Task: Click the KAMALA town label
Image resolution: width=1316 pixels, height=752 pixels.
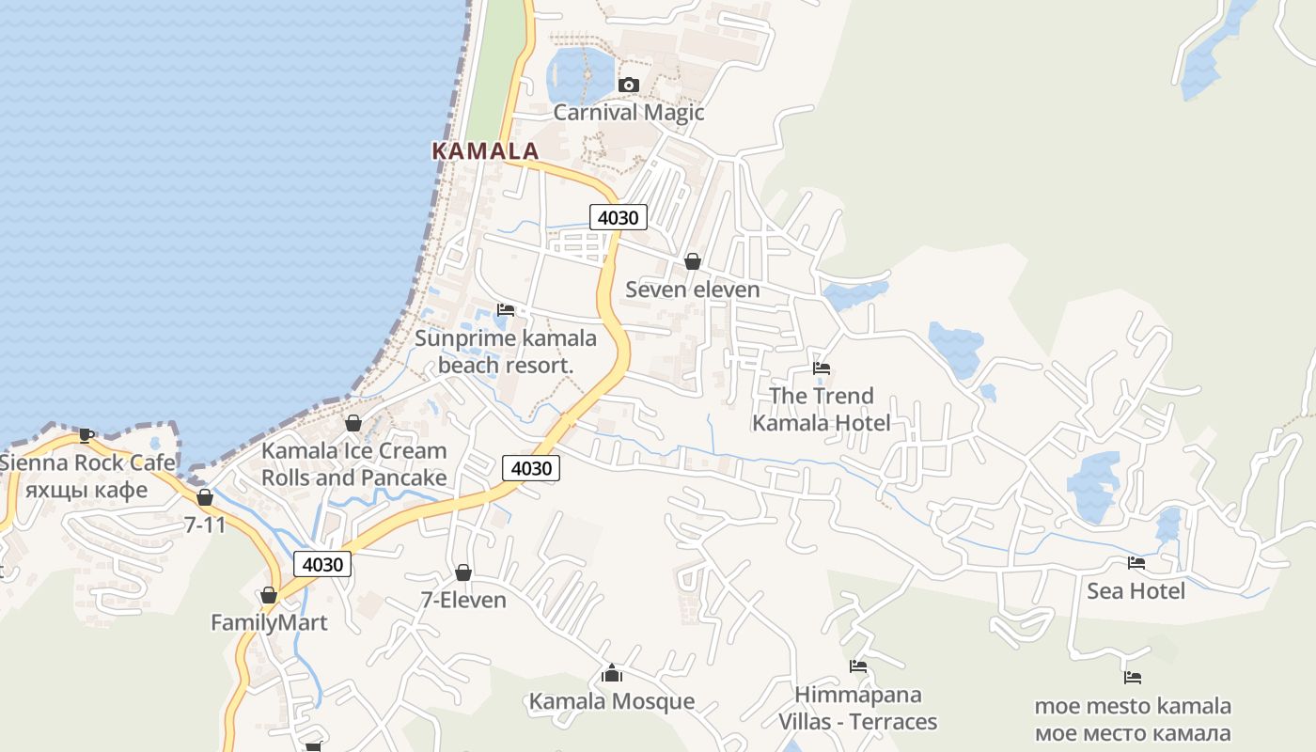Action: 485,150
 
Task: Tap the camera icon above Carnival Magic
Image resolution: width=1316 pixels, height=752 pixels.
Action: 629,86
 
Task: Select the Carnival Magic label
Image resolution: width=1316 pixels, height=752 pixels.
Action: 628,113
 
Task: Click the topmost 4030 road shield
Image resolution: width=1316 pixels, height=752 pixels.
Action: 619,218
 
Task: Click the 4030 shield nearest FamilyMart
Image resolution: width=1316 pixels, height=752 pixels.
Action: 322,564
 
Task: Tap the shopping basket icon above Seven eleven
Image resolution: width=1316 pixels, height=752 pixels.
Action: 693,261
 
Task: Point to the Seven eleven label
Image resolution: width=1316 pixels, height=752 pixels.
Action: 692,290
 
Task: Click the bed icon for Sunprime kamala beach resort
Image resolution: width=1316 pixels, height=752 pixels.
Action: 506,309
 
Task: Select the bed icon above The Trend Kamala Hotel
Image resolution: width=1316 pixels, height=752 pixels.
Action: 822,368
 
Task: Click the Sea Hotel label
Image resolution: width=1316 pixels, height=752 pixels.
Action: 1136,591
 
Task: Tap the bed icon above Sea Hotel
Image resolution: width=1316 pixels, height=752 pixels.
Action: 1136,563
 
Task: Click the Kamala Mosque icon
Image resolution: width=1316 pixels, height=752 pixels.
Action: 612,673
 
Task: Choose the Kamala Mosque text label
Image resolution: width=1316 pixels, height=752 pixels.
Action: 611,701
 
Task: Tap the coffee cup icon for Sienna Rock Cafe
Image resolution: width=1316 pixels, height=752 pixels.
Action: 86,434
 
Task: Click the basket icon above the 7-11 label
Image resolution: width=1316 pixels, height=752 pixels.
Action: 205,497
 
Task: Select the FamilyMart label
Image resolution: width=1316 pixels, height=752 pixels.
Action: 269,622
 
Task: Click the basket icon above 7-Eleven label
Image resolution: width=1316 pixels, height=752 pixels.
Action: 462,572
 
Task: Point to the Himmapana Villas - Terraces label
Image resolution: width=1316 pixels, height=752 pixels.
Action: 857,708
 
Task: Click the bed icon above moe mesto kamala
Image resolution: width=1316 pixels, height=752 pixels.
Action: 1133,677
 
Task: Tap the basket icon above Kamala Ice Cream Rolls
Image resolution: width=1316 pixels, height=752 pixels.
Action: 353,423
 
